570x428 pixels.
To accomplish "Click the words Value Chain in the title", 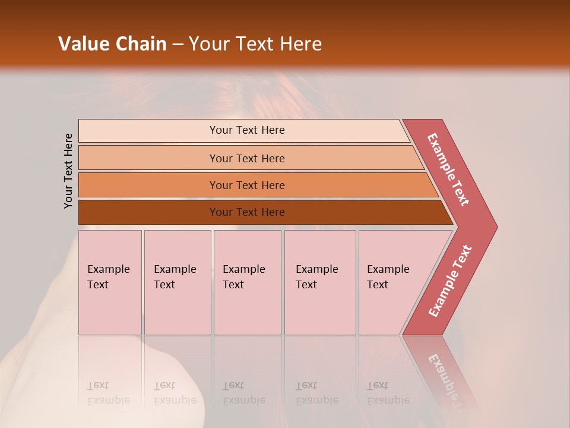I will point(112,44).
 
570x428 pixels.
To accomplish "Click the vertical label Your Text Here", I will point(68,171).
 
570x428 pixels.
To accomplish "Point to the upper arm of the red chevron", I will point(449,169).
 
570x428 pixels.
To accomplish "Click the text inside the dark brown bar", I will point(247,212).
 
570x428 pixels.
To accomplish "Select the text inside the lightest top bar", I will point(247,130).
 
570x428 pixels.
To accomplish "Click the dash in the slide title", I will point(178,45).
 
